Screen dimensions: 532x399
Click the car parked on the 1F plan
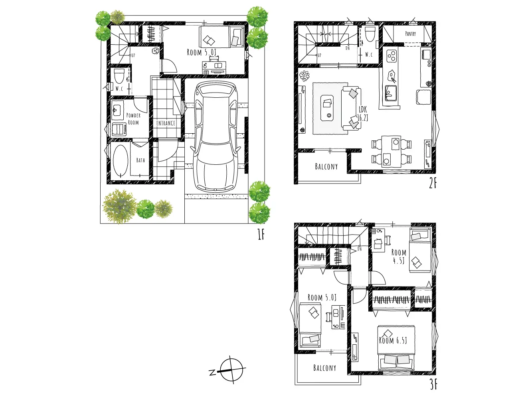click(216, 136)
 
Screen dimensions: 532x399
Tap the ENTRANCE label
click(166, 123)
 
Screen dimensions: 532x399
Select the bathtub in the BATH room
click(121, 161)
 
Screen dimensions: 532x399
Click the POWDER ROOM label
click(133, 119)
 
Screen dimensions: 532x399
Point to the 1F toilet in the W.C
click(119, 76)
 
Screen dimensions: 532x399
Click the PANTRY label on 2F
click(410, 34)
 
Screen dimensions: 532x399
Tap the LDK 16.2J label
click(363, 114)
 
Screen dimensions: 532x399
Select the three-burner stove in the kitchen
click(391, 56)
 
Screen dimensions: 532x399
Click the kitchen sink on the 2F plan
click(390, 93)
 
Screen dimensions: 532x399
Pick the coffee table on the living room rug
click(327, 108)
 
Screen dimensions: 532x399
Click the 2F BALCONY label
click(326, 166)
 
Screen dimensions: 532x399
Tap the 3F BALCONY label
click(324, 368)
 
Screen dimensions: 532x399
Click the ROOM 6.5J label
click(393, 340)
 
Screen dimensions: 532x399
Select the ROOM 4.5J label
click(398, 256)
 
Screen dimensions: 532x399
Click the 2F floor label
click(433, 184)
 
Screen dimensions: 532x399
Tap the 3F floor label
click(433, 384)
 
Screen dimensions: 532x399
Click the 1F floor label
click(261, 234)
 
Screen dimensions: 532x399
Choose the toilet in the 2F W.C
click(370, 34)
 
